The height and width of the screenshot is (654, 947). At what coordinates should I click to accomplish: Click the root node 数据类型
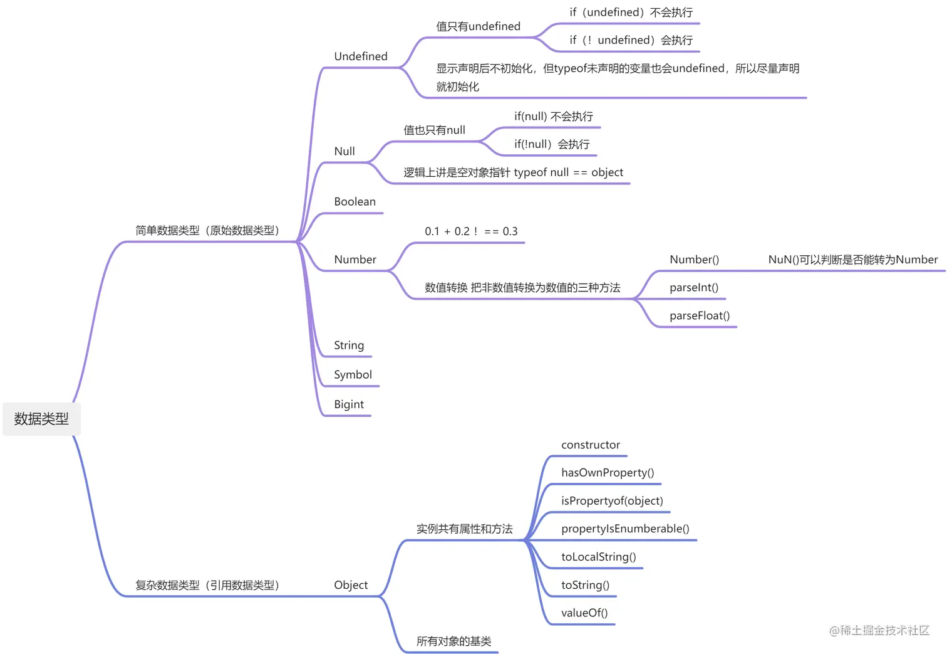[41, 419]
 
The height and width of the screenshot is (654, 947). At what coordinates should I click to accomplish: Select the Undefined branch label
[361, 56]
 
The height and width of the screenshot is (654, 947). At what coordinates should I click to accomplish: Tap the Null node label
[344, 151]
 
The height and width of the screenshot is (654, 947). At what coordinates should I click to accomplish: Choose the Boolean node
[354, 202]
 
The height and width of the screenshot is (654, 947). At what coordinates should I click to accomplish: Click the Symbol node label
[353, 375]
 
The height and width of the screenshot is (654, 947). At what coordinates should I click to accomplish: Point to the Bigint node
[349, 404]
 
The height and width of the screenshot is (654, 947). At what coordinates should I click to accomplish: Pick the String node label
[349, 345]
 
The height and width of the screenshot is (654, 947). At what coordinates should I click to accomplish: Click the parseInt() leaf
[693, 288]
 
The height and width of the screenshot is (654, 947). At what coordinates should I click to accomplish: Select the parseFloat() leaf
[700, 316]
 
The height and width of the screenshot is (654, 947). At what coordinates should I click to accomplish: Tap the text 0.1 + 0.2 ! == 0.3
[471, 231]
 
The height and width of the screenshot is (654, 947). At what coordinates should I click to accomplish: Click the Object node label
[351, 585]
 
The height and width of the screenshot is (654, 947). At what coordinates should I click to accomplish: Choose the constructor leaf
[591, 445]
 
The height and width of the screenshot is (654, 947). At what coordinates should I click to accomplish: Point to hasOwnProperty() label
[608, 473]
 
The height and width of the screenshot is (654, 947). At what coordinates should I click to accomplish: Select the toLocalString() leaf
[598, 557]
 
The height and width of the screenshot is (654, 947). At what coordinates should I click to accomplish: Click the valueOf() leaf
[584, 613]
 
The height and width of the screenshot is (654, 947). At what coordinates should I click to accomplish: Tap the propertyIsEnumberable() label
[625, 529]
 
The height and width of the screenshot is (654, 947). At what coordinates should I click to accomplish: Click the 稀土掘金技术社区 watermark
[879, 631]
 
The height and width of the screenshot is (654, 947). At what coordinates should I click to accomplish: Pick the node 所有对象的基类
[453, 641]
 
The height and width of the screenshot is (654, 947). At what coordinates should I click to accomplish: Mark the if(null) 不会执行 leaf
[554, 117]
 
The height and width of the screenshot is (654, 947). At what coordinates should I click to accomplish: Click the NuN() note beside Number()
[852, 260]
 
